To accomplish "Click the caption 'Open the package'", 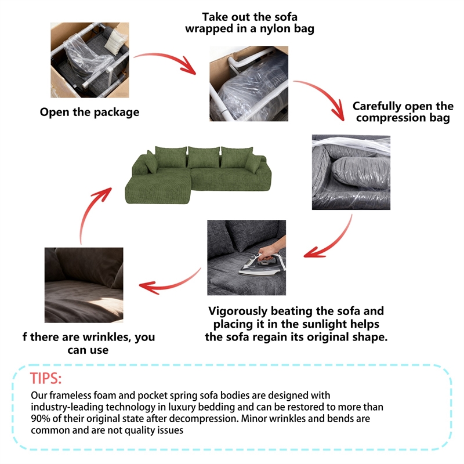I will [89, 112].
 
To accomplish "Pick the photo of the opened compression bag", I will [351, 172].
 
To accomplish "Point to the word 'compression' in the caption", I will [390, 118].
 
